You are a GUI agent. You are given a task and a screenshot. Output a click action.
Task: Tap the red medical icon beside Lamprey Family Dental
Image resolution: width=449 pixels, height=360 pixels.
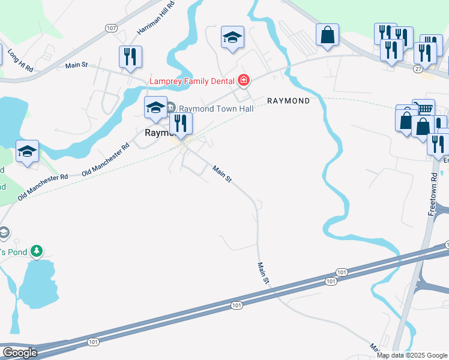tap(243, 80)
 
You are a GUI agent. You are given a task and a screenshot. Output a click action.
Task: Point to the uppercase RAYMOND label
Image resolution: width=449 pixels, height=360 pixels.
tap(288, 101)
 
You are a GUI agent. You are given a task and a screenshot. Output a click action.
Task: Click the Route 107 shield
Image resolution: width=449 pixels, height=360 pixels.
tap(110, 28)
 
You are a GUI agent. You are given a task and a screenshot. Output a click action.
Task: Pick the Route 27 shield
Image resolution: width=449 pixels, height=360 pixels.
tap(418, 69)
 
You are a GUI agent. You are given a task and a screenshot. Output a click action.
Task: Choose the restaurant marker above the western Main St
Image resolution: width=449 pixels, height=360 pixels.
tap(130, 57)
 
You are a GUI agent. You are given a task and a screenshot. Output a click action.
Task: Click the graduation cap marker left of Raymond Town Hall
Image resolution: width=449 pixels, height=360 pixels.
tap(155, 107)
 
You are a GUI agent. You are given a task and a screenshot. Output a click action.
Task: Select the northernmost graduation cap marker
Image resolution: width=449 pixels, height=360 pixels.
tap(232, 38)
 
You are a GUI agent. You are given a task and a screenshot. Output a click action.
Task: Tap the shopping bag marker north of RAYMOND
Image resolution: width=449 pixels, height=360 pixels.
tap(328, 35)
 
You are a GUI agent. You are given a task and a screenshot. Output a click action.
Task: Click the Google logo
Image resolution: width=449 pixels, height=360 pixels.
tap(20, 353)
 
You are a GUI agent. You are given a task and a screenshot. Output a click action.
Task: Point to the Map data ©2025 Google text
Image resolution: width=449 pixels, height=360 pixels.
tap(412, 355)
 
